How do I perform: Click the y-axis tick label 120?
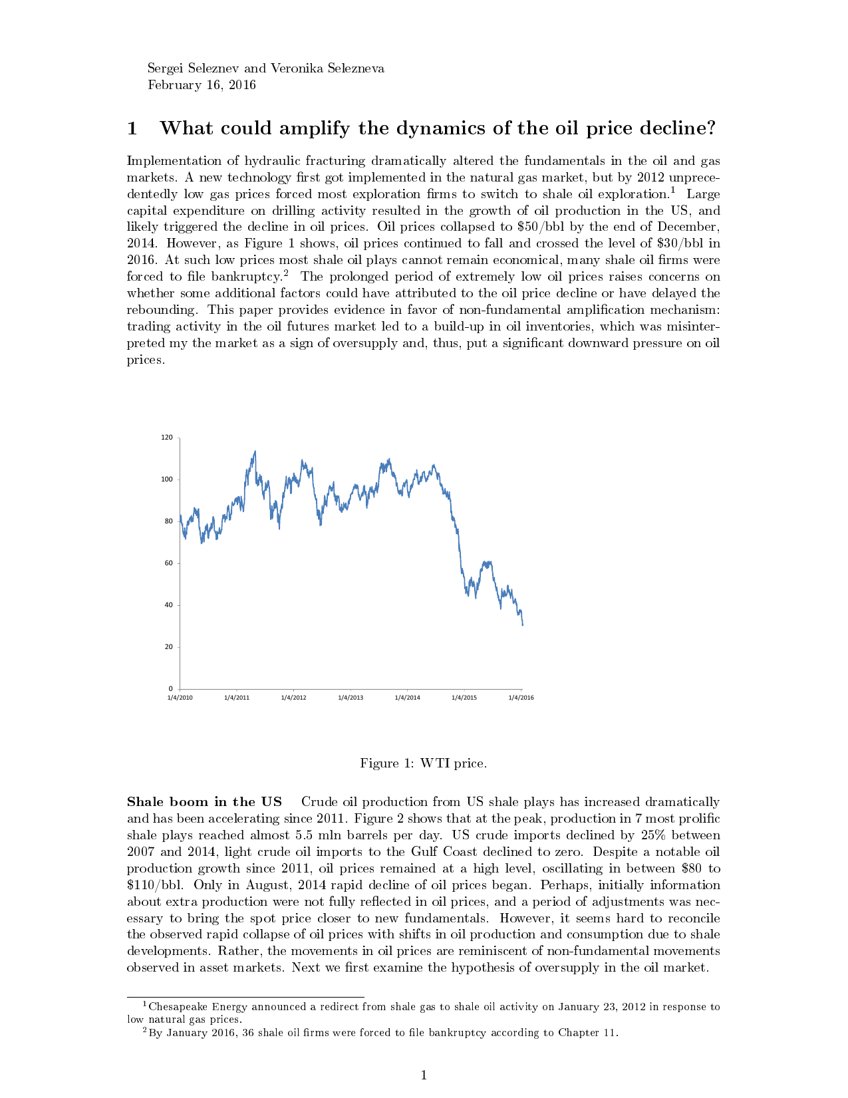[167, 438]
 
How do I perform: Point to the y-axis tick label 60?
[168, 563]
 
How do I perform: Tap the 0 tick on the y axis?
[170, 689]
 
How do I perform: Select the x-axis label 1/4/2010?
[180, 698]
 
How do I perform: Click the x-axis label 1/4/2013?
[351, 698]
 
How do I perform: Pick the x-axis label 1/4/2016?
[521, 698]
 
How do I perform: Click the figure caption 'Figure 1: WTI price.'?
[423, 763]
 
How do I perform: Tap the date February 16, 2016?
[202, 85]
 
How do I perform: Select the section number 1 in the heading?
[132, 128]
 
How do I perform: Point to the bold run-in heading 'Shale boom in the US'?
[204, 802]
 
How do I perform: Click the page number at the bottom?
[424, 1075]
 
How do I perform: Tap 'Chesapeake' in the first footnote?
[178, 1007]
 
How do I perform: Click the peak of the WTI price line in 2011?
[255, 452]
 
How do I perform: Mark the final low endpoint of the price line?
[522, 624]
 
